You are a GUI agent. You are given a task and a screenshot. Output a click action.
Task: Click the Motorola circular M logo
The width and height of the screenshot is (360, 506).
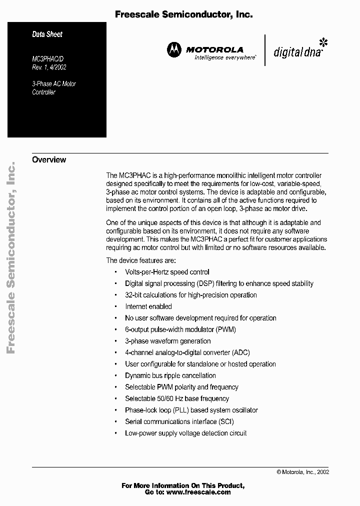[x=174, y=49]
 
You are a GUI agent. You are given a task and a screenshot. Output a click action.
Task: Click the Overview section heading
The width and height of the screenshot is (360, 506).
[x=49, y=160]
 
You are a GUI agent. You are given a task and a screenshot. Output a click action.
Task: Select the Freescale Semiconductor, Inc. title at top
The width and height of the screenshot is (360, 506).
[x=183, y=15]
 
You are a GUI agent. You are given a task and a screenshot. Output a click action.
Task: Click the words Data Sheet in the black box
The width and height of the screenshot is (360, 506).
[x=47, y=34]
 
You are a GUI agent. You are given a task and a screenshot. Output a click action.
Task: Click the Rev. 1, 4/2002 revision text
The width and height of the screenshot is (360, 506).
[x=49, y=67]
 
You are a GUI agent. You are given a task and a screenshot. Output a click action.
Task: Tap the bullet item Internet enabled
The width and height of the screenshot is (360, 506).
[x=148, y=306]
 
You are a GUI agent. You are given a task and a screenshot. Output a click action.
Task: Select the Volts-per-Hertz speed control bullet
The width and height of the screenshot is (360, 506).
[x=167, y=272]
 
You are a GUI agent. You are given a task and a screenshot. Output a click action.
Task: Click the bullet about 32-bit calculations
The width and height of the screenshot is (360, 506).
[x=190, y=295]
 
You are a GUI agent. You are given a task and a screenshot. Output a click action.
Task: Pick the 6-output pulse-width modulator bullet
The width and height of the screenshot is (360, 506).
[x=180, y=329]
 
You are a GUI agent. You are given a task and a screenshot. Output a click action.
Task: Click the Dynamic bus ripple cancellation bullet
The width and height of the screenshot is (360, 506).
[x=170, y=375]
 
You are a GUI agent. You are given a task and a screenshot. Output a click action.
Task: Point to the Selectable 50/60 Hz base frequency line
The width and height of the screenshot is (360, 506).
[x=176, y=398]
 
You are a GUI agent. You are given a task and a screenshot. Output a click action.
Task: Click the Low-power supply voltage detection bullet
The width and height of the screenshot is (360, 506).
[x=185, y=433]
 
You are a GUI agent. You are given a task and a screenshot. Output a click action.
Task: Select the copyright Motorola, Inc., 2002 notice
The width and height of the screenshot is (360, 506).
[x=302, y=471]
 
